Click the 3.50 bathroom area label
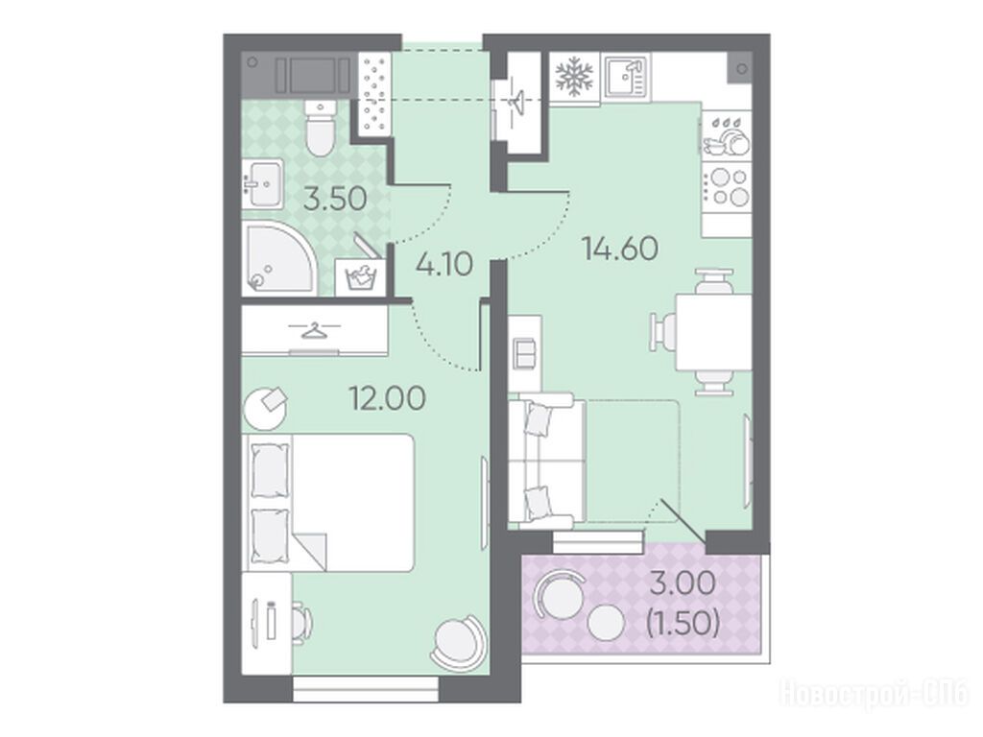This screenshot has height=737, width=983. pos(335,200)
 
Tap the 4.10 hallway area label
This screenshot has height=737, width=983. pos(444,265)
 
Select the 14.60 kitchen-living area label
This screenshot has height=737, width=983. pos(620,249)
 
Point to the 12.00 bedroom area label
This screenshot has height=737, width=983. pos(388,398)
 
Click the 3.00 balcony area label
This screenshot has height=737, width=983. pos(683,583)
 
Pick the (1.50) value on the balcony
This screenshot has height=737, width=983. pos(683,622)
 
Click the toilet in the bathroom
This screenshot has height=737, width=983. pos(321,128)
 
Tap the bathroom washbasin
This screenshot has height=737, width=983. pos(263,183)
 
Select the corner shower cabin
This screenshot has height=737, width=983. pos(279,257)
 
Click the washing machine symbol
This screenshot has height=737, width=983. pos(360,276)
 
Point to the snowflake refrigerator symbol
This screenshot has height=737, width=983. pos(575,75)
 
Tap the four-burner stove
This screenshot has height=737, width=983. pos(728,188)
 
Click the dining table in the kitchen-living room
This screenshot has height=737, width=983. pos(714,332)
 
